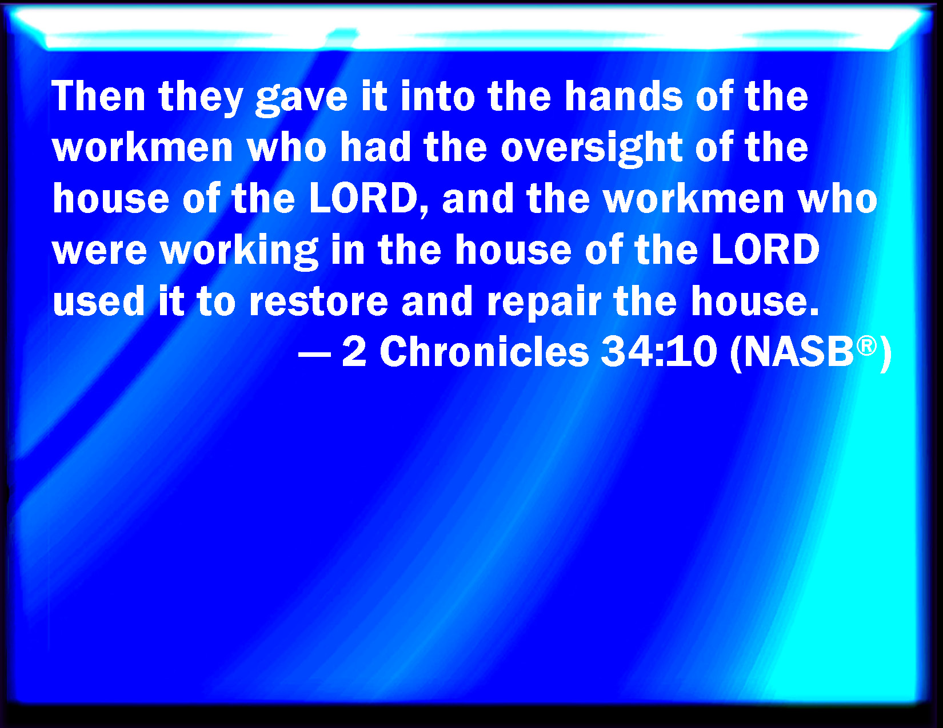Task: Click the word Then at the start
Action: tap(98, 96)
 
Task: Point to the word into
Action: tap(438, 96)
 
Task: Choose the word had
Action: tap(375, 147)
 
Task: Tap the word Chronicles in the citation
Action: tap(484, 352)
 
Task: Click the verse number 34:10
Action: tap(659, 352)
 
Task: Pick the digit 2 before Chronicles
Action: tap(354, 352)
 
